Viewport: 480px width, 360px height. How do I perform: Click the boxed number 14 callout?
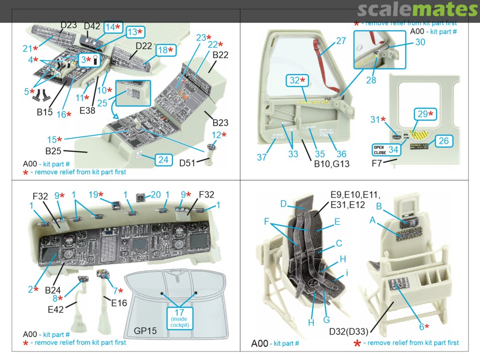[112, 27]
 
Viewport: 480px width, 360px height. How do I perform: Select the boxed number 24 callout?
[164, 159]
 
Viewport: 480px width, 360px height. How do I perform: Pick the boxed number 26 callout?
[444, 141]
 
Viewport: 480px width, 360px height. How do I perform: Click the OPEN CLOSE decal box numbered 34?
[386, 149]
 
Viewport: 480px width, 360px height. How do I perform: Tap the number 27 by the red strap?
[341, 41]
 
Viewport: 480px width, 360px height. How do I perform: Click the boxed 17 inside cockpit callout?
[180, 318]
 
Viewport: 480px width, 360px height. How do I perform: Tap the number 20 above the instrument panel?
[156, 194]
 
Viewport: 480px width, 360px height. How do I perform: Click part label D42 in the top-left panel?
[92, 26]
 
